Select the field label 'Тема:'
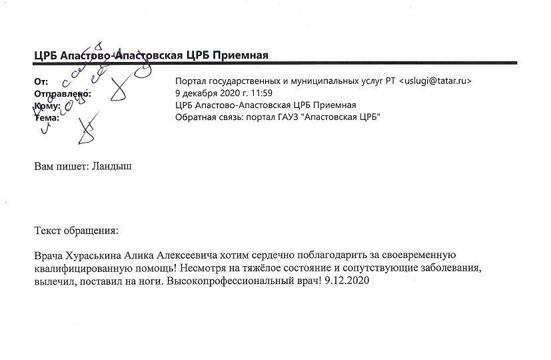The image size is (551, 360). (47, 118)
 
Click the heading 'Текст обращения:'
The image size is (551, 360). (76, 231)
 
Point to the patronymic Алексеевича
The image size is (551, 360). (195, 256)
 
